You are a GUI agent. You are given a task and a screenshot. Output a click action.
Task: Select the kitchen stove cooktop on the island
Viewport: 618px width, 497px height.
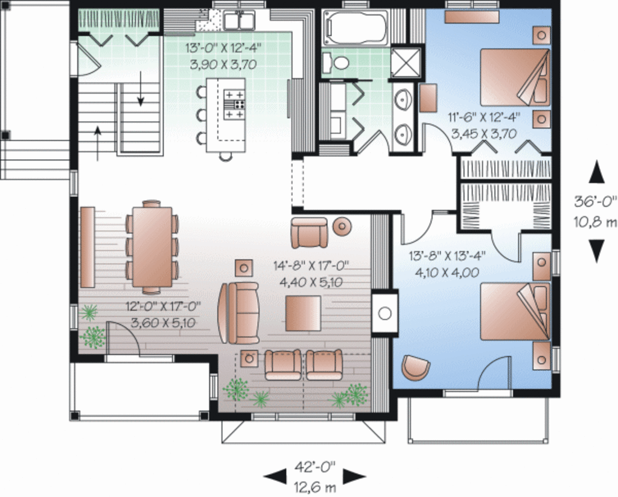[234, 104]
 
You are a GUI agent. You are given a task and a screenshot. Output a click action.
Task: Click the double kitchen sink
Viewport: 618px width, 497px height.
[240, 22]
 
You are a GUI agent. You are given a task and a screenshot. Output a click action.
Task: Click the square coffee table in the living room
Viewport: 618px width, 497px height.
[303, 313]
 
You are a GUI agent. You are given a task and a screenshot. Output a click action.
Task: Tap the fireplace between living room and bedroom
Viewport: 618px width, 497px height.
[384, 312]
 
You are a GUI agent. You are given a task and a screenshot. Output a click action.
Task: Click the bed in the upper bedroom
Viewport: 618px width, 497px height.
[515, 77]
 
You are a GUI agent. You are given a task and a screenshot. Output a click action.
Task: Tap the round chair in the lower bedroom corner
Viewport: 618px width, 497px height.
[416, 367]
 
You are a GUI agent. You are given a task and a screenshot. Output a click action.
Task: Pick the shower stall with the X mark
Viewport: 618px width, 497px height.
[401, 62]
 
